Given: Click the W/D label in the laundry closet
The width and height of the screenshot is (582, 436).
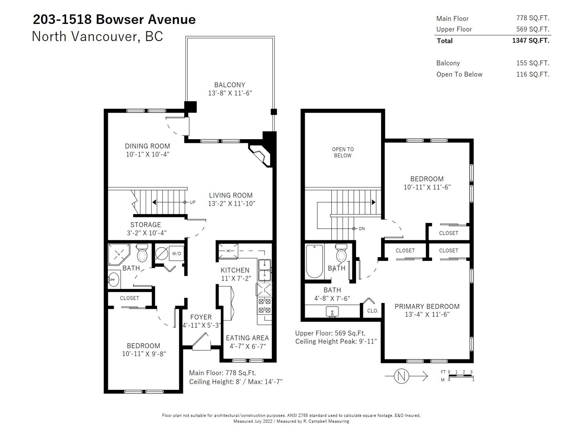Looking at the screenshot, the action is click(176, 254).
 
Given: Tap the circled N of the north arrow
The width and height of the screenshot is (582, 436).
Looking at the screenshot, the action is click(402, 376).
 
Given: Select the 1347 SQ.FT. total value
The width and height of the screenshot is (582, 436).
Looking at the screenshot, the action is click(531, 40).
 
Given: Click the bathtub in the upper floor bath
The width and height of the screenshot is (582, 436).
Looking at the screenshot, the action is click(315, 261).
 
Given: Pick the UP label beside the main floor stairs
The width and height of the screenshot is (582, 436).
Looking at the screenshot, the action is click(192, 202).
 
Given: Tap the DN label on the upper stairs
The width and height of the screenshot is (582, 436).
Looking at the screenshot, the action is click(362, 229).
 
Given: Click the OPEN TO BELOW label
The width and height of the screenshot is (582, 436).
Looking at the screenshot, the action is click(343, 153).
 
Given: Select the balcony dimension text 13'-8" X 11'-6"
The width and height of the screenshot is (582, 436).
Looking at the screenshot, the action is click(230, 93).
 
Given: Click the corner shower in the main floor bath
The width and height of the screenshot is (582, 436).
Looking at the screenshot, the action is click(119, 254).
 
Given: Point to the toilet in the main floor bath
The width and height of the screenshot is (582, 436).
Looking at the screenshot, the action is click(142, 253).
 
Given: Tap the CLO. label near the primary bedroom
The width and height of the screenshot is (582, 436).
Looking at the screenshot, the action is click(373, 311).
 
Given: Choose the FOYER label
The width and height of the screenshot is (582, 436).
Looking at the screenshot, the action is click(201, 317).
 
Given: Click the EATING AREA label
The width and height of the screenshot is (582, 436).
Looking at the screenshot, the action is click(247, 338).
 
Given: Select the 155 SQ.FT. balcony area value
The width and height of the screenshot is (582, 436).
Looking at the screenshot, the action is click(533, 63).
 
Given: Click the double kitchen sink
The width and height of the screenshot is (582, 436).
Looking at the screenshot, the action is click(264, 270).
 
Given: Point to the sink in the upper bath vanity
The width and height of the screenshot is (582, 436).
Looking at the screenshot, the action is click(332, 312).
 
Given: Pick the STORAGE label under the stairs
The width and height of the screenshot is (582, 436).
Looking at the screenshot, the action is click(145, 225).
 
